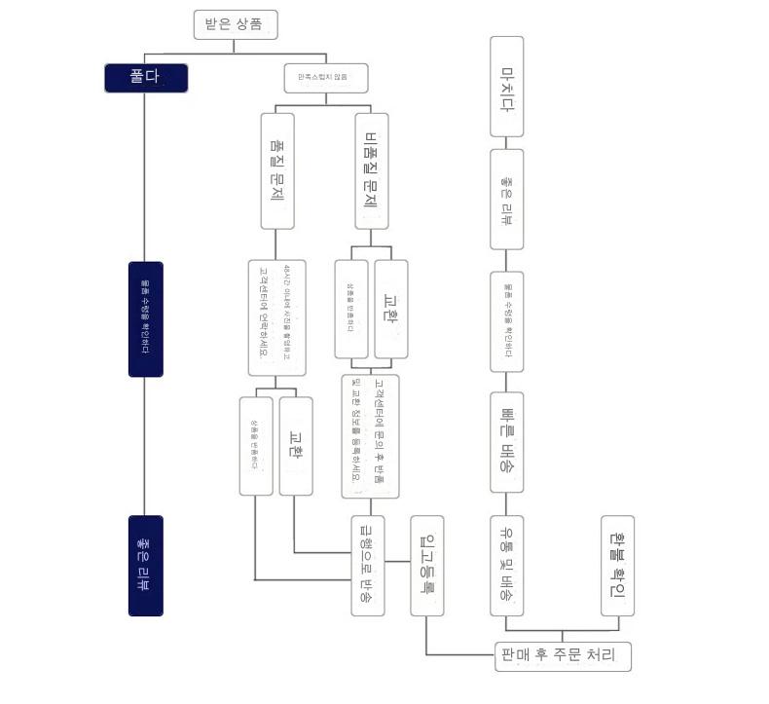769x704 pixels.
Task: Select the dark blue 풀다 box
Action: pyautogui.click(x=146, y=78)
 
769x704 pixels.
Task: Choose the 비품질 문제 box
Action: pyautogui.click(x=370, y=171)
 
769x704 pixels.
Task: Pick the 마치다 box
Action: pyautogui.click(x=506, y=87)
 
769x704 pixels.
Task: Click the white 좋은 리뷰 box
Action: pyautogui.click(x=506, y=199)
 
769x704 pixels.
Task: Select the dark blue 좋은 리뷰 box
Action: pyautogui.click(x=146, y=565)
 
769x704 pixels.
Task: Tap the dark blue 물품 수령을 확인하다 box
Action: pyautogui.click(x=146, y=318)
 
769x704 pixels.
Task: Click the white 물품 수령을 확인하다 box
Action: pyautogui.click(x=506, y=321)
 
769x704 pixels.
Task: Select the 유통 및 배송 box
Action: pyautogui.click(x=506, y=565)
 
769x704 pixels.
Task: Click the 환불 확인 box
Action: pyautogui.click(x=618, y=565)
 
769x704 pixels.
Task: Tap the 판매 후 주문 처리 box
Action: pyautogui.click(x=563, y=656)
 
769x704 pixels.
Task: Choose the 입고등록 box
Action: pyautogui.click(x=426, y=565)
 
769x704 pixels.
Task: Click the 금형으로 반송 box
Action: pyautogui.click(x=368, y=565)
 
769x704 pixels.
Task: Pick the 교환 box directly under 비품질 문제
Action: pyautogui.click(x=391, y=309)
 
